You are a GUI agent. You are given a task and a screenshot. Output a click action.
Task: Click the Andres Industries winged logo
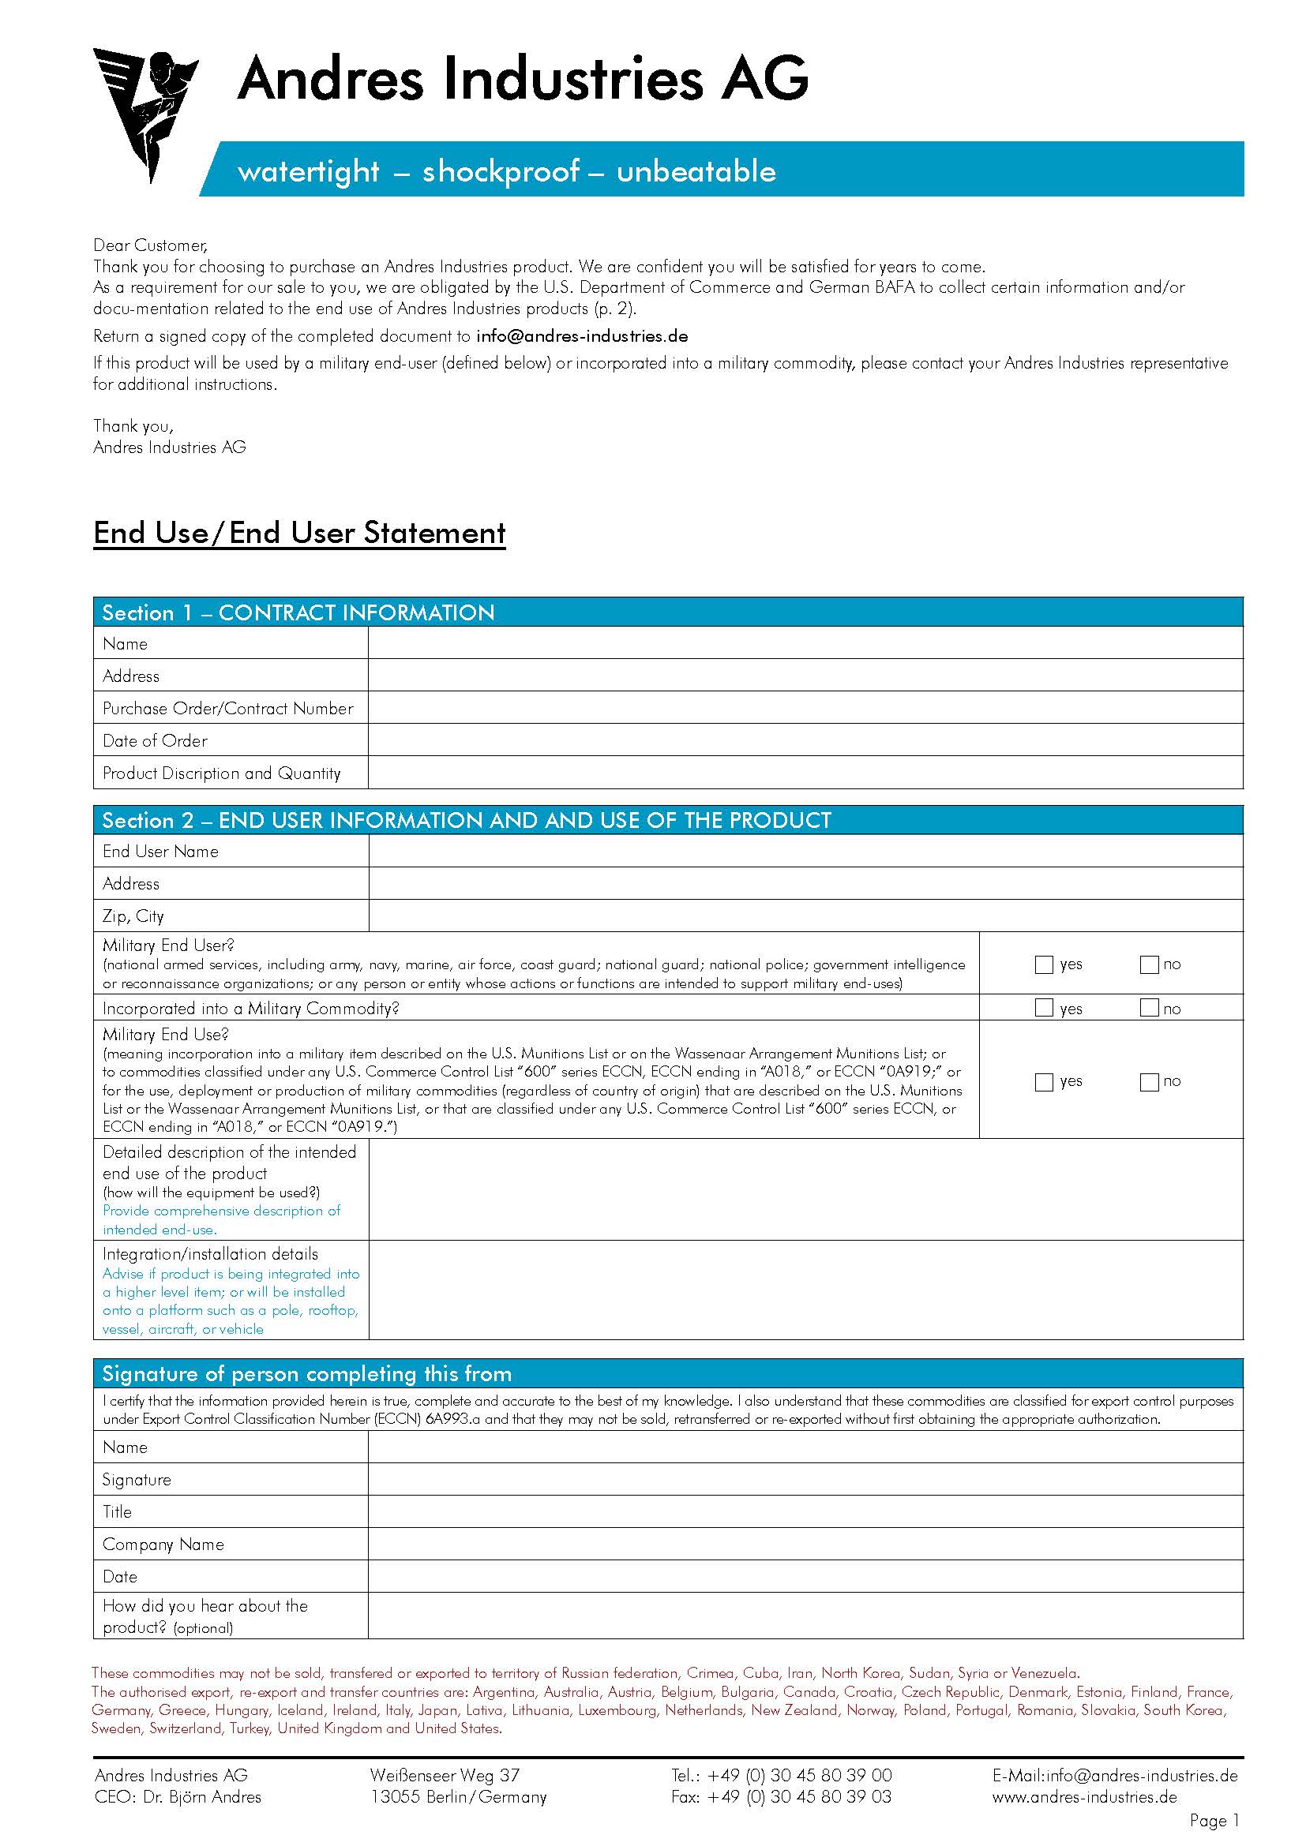(144, 113)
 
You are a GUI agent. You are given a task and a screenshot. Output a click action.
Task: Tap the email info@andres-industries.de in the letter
(581, 336)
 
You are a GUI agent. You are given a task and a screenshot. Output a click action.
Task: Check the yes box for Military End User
(1044, 964)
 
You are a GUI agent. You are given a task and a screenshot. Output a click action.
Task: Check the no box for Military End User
(1148, 964)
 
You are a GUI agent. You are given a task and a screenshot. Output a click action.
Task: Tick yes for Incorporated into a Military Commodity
(1044, 1007)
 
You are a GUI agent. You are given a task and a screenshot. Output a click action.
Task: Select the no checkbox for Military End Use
(1148, 1082)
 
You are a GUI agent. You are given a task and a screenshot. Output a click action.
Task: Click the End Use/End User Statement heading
(299, 533)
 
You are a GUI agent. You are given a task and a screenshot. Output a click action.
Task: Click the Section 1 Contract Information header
(298, 612)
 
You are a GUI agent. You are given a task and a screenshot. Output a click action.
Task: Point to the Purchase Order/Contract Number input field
(804, 708)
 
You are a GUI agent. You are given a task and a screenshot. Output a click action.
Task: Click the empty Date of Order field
(804, 740)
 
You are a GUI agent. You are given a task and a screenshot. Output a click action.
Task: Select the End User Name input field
(804, 852)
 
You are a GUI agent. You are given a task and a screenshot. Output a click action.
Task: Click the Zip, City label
(133, 916)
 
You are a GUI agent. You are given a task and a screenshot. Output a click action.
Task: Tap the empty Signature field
(804, 1479)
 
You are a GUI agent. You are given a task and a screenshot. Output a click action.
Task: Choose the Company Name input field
(804, 1544)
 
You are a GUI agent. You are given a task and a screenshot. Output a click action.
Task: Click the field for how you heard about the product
(804, 1616)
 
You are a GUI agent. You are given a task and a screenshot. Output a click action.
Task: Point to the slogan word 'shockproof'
(500, 171)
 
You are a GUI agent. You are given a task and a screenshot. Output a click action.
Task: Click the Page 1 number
(1214, 1821)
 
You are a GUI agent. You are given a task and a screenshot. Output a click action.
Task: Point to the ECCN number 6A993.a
(452, 1420)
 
